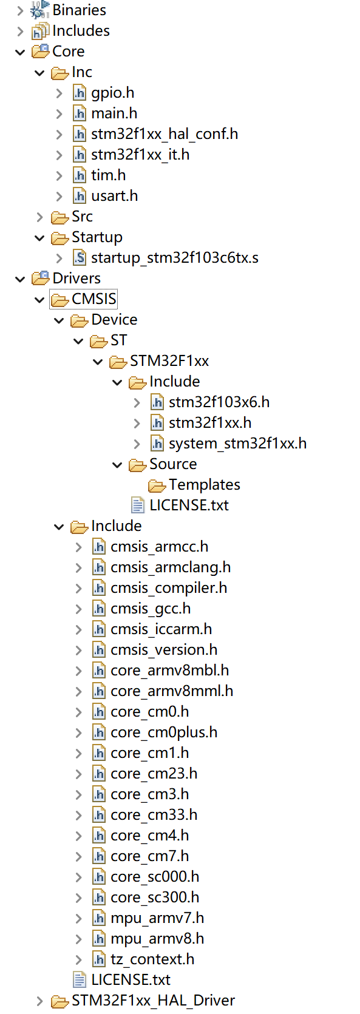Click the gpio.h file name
click(112, 93)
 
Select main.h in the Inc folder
click(114, 113)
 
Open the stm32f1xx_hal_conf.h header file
click(164, 134)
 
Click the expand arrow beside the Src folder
click(39, 217)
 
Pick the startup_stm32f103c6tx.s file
click(174, 258)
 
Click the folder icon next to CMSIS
click(60, 299)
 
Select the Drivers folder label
click(76, 279)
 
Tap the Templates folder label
click(204, 485)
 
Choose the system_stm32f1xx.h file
click(237, 444)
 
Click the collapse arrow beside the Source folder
click(117, 465)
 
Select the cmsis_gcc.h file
click(151, 609)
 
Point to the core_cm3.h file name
click(149, 794)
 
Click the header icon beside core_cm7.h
click(99, 856)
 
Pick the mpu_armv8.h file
click(157, 939)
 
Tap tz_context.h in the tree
click(152, 959)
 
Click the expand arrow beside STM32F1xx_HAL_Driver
click(39, 1001)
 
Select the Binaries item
click(79, 10)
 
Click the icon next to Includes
click(40, 31)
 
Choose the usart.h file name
click(114, 196)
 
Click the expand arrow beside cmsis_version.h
click(78, 651)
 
